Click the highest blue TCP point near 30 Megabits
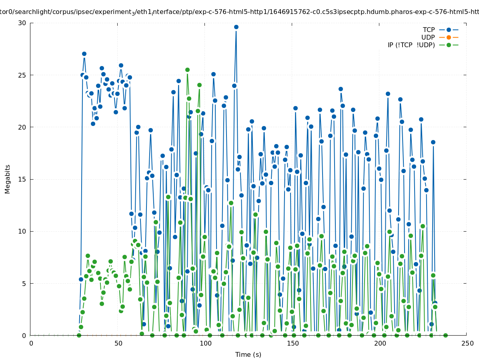coord(236,27)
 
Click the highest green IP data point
coord(187,70)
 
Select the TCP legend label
coord(429,30)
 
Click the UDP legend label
coord(428,38)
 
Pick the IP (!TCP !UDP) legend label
coord(411,45)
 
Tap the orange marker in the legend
coord(449,38)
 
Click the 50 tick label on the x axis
coord(118,344)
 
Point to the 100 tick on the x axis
coord(205,344)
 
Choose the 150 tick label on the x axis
coord(293,344)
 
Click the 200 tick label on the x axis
coord(380,344)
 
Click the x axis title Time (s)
coord(248,355)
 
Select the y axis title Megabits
coord(8,179)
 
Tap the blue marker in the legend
coord(449,30)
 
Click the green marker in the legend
coord(449,45)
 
